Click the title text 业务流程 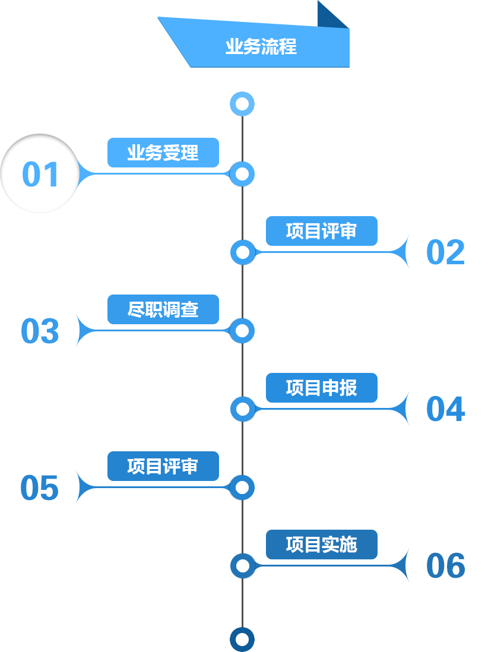(x=261, y=47)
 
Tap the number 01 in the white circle (x=40, y=175)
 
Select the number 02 (x=445, y=252)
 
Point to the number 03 (x=40, y=331)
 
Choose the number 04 (x=445, y=409)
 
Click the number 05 (x=40, y=488)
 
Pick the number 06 (x=445, y=566)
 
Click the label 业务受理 (x=163, y=153)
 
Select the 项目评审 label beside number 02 (x=321, y=231)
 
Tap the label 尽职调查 (x=163, y=310)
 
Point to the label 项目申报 (x=321, y=388)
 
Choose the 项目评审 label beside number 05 (x=163, y=467)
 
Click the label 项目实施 (x=321, y=545)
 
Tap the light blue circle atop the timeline (x=242, y=105)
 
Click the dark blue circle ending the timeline (x=242, y=639)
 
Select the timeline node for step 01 (x=242, y=174)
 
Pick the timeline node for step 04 (x=242, y=409)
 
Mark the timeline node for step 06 (x=242, y=565)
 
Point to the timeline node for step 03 (x=242, y=331)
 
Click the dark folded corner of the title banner (x=334, y=14)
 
